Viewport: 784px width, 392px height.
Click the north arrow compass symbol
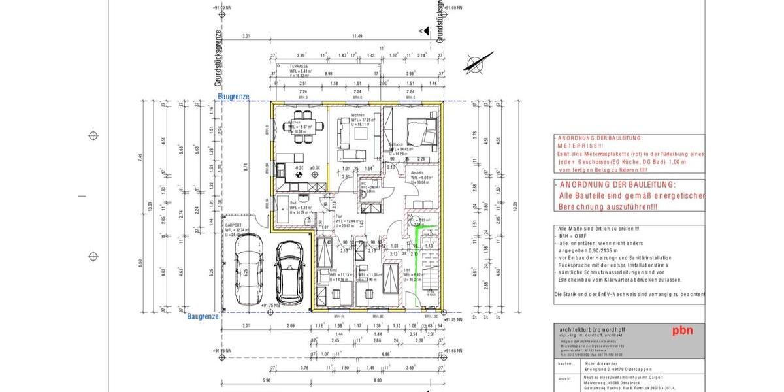click(x=476, y=63)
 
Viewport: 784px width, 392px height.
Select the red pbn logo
click(x=683, y=331)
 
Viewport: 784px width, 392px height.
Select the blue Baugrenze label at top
click(x=233, y=97)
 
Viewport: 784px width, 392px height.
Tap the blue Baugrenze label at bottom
click(x=203, y=316)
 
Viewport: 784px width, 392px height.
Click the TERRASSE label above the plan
click(x=300, y=67)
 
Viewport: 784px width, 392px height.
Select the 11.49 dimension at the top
click(x=357, y=37)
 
